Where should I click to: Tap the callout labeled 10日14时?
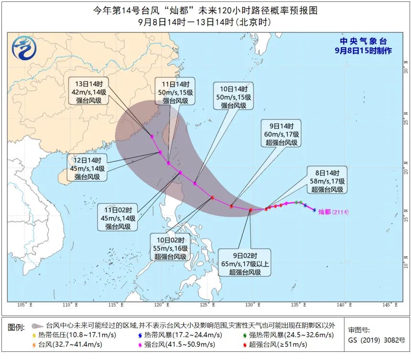(x=234, y=97)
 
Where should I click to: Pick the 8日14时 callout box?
(x=327, y=181)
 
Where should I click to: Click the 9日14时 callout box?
(x=281, y=134)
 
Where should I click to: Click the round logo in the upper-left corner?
(x=23, y=48)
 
